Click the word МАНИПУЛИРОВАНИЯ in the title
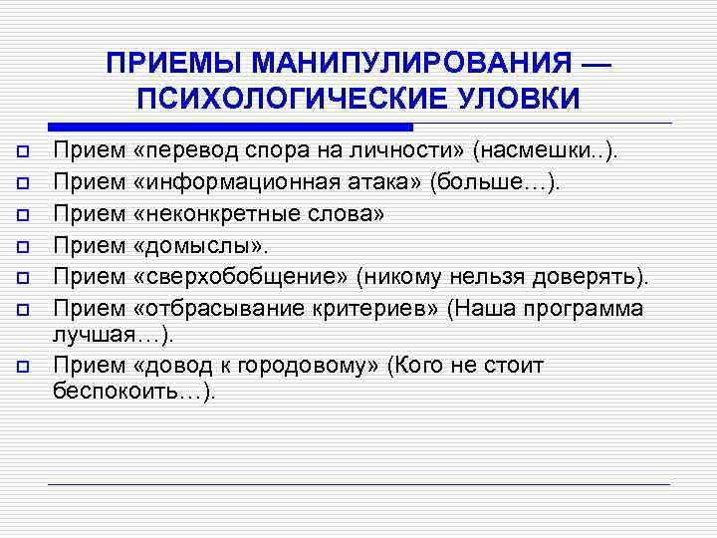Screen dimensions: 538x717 (411, 65)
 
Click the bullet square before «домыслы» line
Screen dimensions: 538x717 (22, 245)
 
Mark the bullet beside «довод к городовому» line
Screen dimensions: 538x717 (22, 367)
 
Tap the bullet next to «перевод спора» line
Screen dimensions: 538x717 (22, 152)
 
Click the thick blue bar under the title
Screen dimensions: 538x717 (230, 128)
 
